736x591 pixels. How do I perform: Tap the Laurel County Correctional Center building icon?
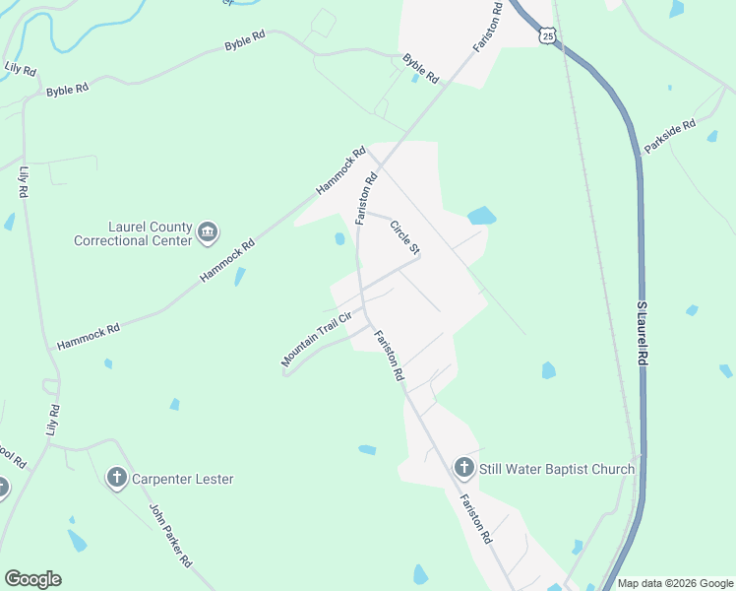coord(208,232)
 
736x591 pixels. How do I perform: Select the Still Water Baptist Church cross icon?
coord(464,468)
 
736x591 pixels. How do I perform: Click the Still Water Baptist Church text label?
coord(557,469)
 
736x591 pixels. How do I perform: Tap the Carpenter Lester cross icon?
coord(116,479)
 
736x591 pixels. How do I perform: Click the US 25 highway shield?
coord(547,34)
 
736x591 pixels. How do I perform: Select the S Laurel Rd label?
coord(643,335)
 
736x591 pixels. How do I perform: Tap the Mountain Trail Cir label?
coord(316,340)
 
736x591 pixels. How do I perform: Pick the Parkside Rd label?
coord(669,136)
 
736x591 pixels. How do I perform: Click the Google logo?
coord(32,579)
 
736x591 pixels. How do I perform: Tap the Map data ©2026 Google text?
coord(674,583)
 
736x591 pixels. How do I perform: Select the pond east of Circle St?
coord(481,216)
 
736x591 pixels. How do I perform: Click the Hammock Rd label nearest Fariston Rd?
coord(340,170)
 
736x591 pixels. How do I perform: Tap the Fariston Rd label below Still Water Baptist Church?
coord(474,520)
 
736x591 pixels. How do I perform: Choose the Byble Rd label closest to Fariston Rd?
coord(421,68)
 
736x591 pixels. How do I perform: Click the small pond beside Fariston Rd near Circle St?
coord(339,238)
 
